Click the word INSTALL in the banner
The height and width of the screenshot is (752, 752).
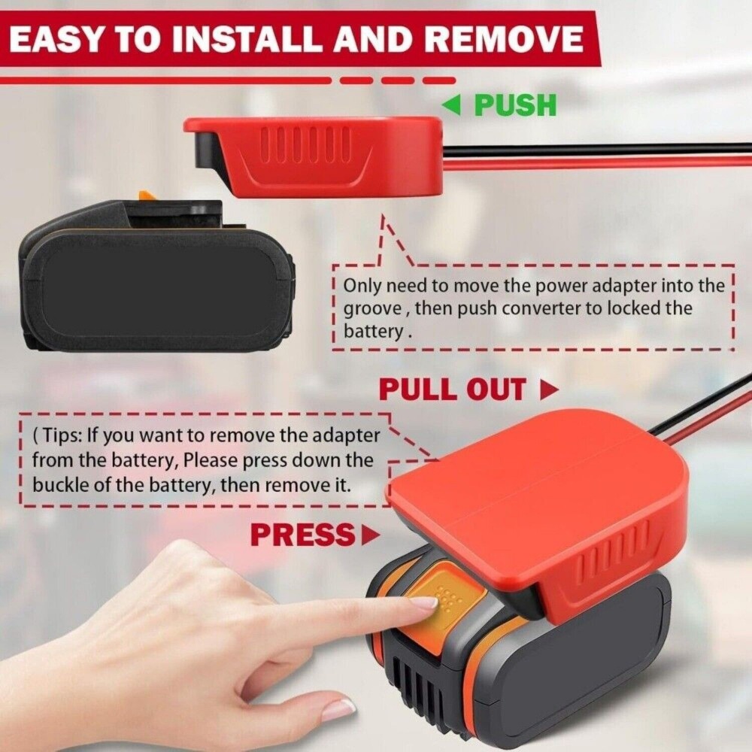(247, 39)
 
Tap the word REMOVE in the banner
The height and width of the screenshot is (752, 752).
(504, 39)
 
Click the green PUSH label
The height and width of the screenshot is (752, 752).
(516, 105)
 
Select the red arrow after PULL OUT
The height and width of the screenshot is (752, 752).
(549, 390)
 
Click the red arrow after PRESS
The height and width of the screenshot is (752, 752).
(370, 535)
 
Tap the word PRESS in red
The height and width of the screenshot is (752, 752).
(302, 535)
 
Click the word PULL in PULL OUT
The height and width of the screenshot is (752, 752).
(417, 389)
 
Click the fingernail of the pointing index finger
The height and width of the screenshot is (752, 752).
(424, 603)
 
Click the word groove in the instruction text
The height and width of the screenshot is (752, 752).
(373, 308)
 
